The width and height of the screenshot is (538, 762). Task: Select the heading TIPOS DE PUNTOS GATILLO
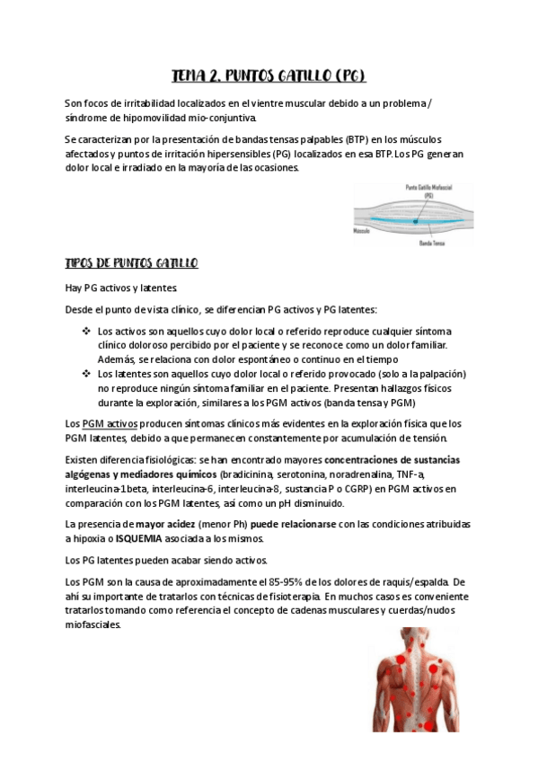tap(132, 263)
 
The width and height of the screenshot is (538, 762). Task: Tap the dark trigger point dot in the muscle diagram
tap(416, 219)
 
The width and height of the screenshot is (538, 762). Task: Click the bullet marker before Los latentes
tap(86, 373)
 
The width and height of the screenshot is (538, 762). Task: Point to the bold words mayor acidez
tap(166, 523)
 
